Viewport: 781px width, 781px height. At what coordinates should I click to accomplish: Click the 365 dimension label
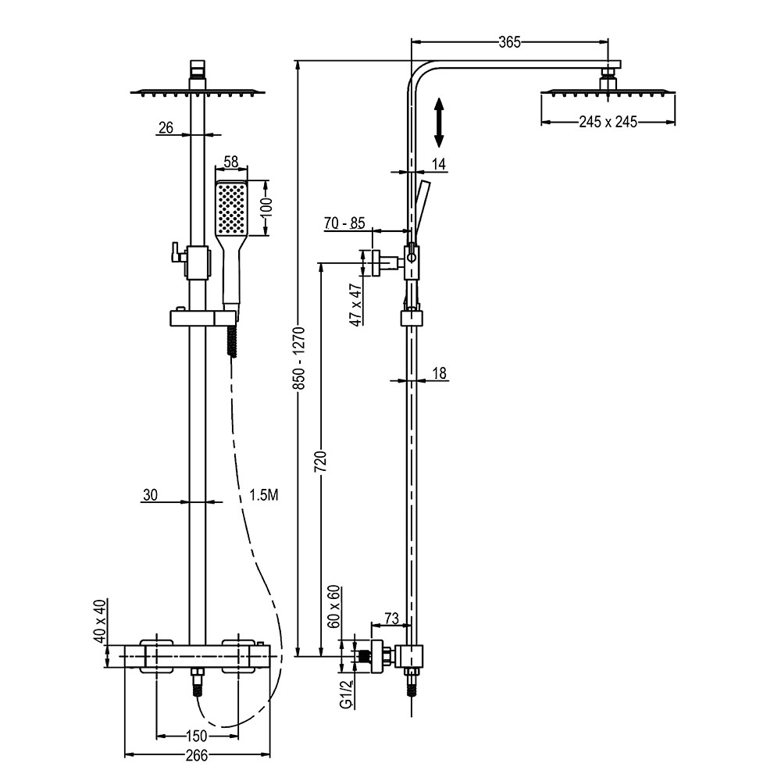[x=508, y=42]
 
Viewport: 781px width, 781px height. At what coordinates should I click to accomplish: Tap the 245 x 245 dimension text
[x=608, y=121]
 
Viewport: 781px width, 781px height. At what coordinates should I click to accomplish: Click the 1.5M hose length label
[x=264, y=494]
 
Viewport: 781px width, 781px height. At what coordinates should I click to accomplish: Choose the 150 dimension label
[x=198, y=736]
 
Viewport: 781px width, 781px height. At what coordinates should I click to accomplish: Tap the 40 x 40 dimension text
[x=99, y=621]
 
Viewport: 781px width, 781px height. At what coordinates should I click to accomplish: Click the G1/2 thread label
[x=344, y=692]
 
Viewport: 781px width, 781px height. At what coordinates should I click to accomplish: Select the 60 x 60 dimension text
[x=333, y=607]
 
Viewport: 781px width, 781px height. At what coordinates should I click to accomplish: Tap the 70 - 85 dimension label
[x=344, y=223]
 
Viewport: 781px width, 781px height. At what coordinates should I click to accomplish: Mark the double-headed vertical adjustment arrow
[x=439, y=123]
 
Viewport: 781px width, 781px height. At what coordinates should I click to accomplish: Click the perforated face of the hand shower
[x=230, y=208]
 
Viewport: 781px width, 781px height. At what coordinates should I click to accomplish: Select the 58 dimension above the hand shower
[x=230, y=162]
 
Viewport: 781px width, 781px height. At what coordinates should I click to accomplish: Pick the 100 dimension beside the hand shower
[x=266, y=208]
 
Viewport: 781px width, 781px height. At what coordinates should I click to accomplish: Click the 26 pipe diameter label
[x=166, y=127]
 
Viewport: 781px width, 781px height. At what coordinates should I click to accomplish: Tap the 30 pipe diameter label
[x=151, y=494]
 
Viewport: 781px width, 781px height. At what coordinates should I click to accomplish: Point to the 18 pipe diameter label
[x=439, y=373]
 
